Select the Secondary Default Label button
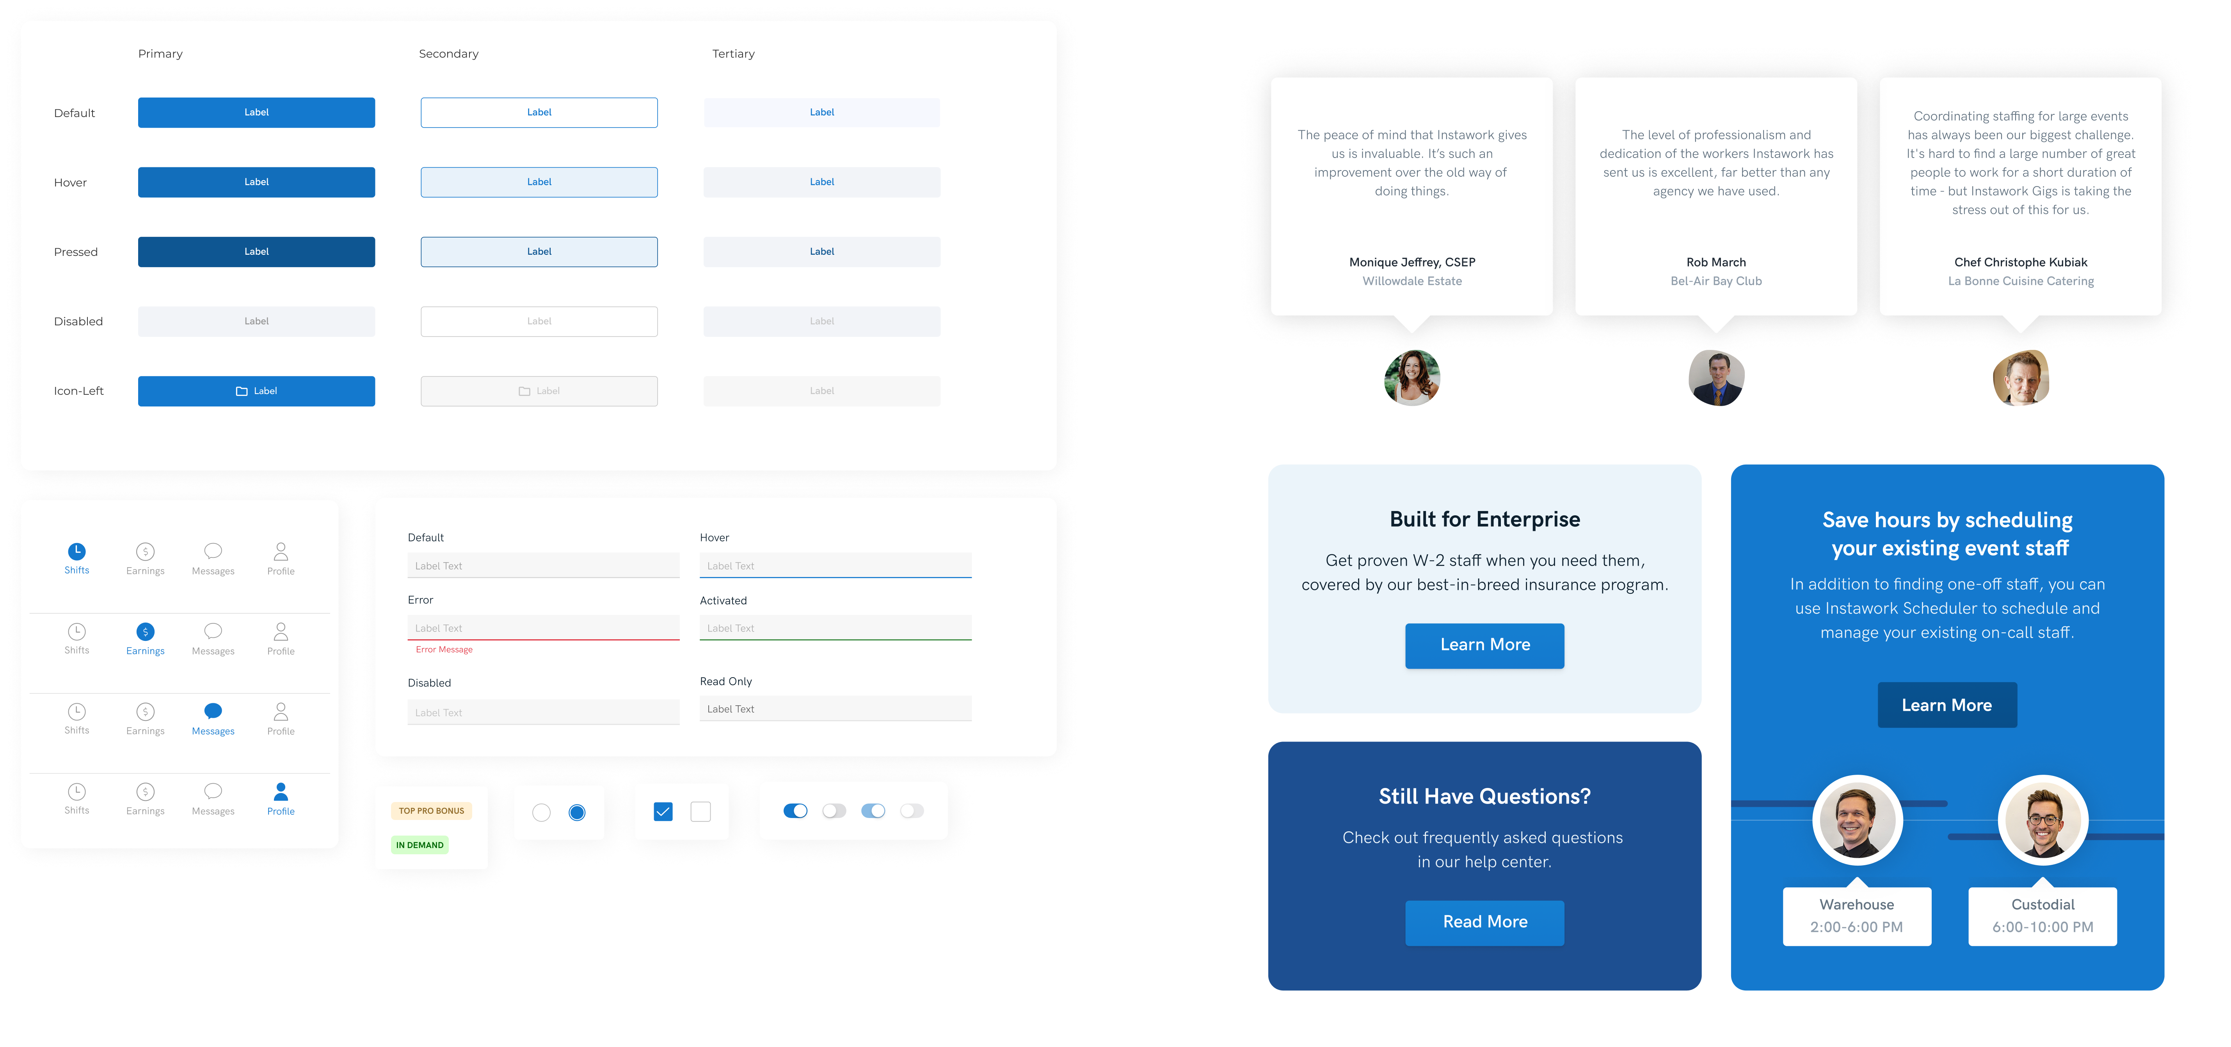tap(539, 113)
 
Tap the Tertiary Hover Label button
tap(821, 182)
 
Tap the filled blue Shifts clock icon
tap(77, 551)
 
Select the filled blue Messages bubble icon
tap(213, 711)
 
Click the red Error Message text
tap(444, 649)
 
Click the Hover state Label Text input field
tap(835, 566)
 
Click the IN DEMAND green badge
tap(420, 845)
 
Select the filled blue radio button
tap(577, 812)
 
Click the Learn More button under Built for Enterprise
tap(1484, 645)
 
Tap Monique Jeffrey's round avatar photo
tap(1412, 378)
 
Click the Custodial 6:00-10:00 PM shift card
tap(2042, 916)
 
